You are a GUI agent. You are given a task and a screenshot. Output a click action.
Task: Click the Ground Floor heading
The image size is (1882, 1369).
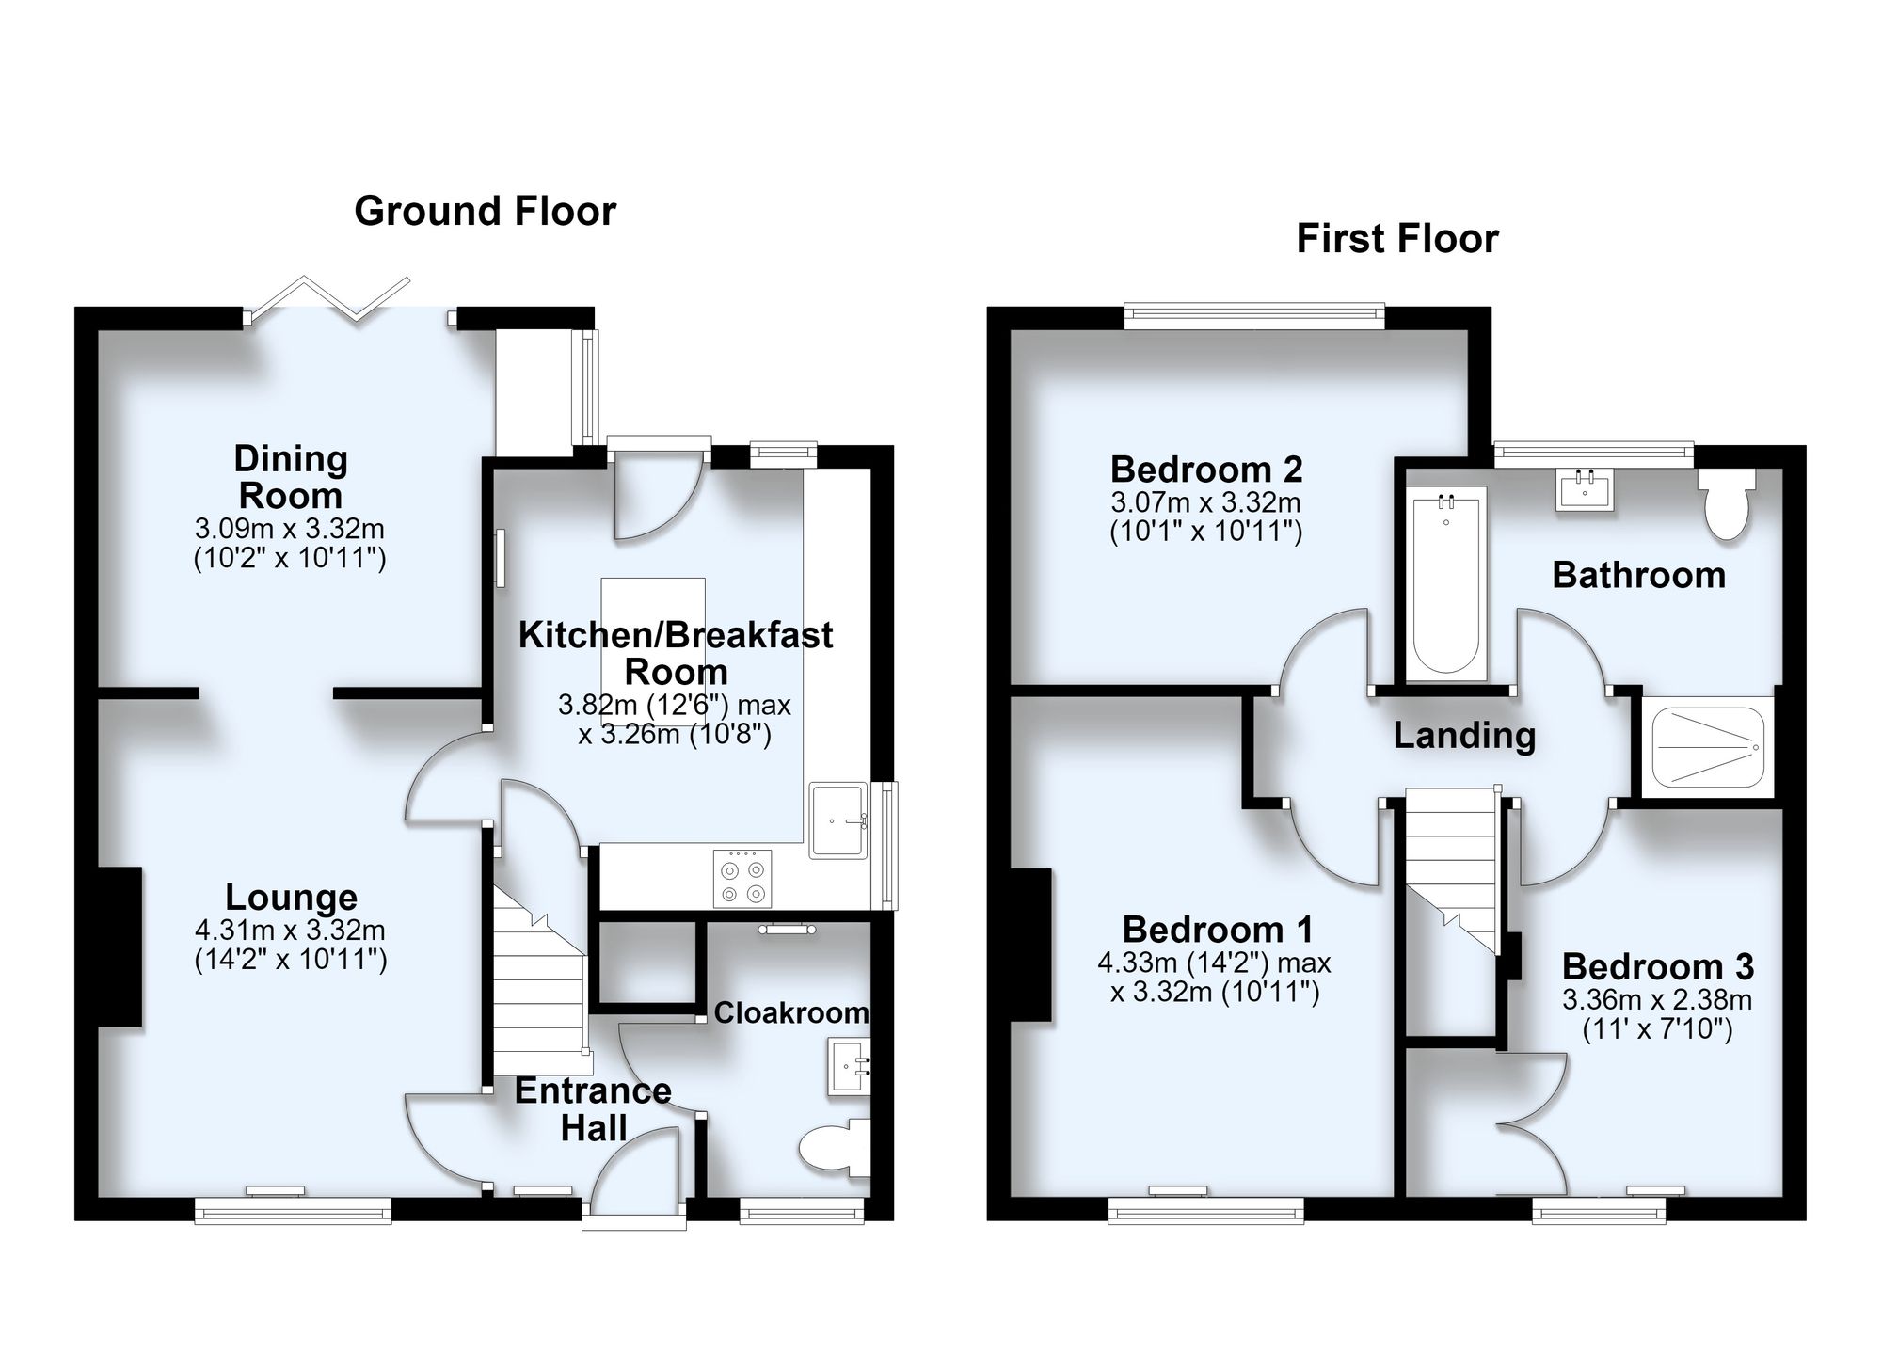[x=485, y=212]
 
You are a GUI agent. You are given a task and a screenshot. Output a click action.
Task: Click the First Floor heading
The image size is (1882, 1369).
[x=1397, y=239]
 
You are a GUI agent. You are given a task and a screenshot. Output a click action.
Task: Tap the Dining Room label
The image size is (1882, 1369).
[x=291, y=477]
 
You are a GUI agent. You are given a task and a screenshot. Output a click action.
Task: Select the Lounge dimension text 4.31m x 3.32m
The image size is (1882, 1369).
[x=290, y=931]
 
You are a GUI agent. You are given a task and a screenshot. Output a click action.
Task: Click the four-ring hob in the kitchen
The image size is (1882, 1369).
[x=742, y=878]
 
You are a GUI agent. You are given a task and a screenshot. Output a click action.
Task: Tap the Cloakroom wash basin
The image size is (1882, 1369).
[x=849, y=1067]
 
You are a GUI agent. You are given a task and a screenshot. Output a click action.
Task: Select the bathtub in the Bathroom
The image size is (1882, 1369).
[x=1446, y=583]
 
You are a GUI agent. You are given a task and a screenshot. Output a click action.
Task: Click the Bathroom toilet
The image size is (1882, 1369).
[x=1727, y=503]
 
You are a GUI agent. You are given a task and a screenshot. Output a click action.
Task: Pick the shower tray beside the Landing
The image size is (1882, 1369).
[x=1707, y=746]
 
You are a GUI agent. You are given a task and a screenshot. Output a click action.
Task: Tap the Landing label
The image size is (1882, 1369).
[x=1464, y=735]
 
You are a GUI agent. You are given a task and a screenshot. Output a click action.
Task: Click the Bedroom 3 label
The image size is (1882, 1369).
[x=1658, y=966]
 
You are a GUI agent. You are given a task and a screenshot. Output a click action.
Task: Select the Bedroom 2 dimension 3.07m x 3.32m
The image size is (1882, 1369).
[x=1206, y=502]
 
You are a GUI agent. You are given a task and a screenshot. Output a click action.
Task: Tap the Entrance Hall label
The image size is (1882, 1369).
[x=593, y=1109]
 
